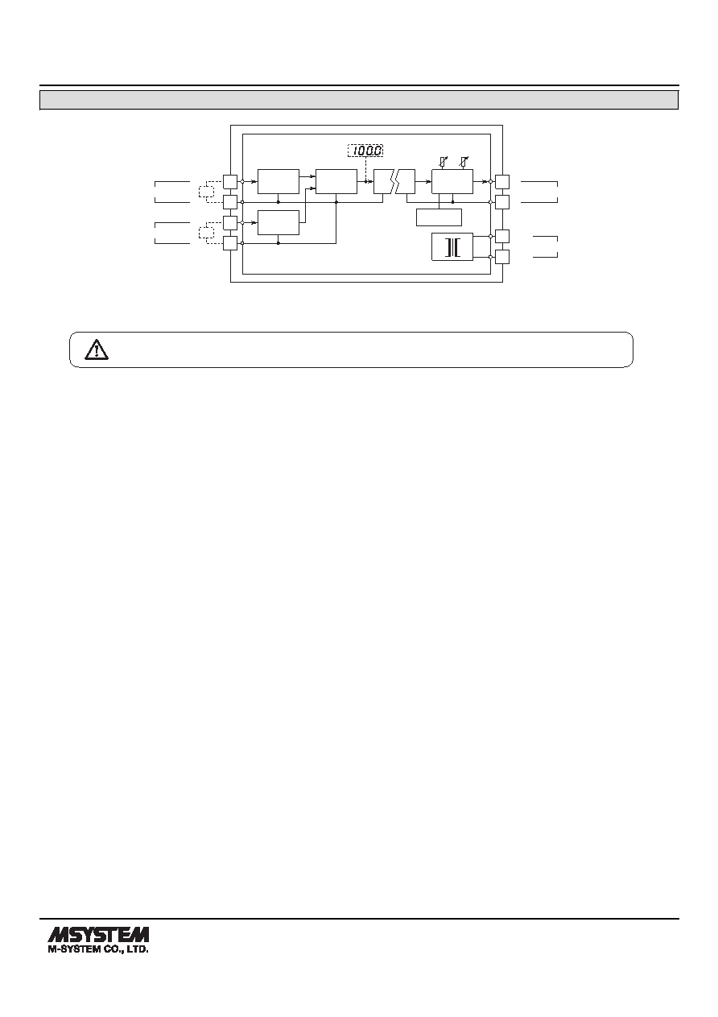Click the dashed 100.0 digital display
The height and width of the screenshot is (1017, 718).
(x=365, y=151)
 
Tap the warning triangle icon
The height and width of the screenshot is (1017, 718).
(x=97, y=349)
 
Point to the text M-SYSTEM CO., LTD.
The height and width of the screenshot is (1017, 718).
(x=98, y=949)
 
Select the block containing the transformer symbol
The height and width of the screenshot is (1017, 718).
(x=452, y=247)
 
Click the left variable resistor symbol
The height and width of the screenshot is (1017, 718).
(x=444, y=162)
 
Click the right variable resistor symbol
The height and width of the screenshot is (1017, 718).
(x=464, y=162)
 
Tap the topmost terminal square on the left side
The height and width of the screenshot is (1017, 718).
(x=230, y=182)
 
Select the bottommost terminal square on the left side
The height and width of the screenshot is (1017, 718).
(x=230, y=243)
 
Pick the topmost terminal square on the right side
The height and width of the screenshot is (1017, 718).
(x=502, y=182)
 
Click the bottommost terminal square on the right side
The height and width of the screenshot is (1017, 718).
(x=502, y=257)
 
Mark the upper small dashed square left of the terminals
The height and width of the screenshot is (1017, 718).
(x=206, y=192)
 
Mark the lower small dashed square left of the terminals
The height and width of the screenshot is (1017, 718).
(x=206, y=233)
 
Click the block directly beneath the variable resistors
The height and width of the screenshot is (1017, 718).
(x=452, y=182)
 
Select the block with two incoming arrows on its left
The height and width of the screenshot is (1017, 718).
(x=336, y=182)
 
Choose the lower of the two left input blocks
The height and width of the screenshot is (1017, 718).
(x=279, y=222)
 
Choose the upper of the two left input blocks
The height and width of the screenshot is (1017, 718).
(x=279, y=182)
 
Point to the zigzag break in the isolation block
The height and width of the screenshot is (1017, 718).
(x=394, y=182)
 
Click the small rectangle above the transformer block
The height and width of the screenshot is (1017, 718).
(x=439, y=217)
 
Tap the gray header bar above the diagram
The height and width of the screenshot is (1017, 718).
(x=359, y=100)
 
